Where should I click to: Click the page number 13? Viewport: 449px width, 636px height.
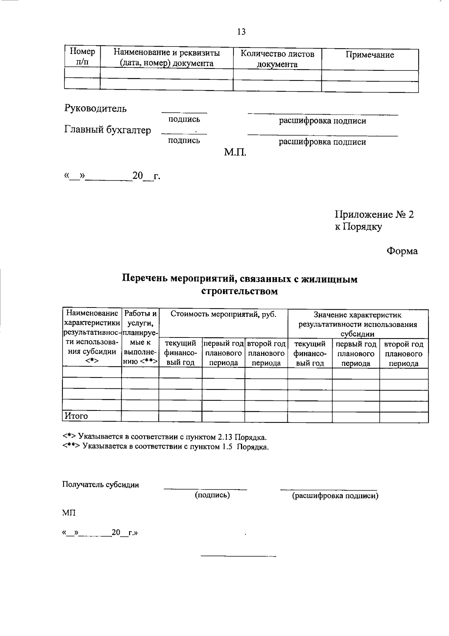coord(241,32)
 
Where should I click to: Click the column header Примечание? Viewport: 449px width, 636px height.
coord(369,55)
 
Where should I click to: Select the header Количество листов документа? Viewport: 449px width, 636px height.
coord(277,59)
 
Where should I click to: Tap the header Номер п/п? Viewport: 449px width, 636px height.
coord(82,56)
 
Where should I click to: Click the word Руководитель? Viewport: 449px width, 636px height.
coord(95,109)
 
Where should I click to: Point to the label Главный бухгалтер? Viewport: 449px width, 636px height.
coord(108,130)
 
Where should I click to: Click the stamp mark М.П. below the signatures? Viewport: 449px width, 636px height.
coord(235,152)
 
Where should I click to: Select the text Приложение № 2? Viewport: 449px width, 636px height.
coord(374,215)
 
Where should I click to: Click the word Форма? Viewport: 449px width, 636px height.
coord(402,251)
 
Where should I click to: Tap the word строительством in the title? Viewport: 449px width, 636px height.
coord(239,291)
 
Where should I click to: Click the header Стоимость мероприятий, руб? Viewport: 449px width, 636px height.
coord(223,314)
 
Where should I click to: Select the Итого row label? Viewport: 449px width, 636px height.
coord(76,416)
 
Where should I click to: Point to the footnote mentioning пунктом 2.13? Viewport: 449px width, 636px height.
coord(165,437)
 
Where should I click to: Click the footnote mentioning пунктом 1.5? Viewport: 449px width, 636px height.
coord(165,447)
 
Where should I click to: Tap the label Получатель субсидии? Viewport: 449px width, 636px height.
coord(100,485)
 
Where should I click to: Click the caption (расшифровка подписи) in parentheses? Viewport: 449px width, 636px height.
coord(335,496)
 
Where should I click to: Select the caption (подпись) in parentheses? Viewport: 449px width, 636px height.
coord(212,495)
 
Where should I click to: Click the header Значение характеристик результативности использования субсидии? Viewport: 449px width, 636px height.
coord(358,324)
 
